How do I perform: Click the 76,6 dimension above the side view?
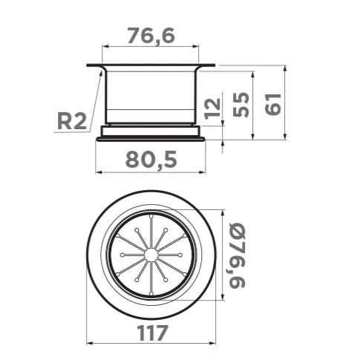151,36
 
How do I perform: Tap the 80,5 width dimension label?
151,160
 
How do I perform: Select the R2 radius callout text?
72,121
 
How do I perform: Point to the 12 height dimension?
212,108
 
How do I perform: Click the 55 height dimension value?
241,105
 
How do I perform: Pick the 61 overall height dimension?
273,104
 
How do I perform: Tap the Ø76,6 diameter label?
237,255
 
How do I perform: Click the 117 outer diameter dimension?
153,333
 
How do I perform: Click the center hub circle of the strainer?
151,255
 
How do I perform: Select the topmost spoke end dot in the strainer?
151,216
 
